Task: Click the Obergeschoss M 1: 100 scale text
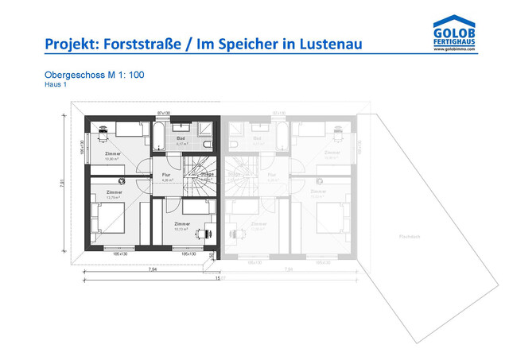(x=94, y=75)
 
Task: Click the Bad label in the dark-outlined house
(x=181, y=138)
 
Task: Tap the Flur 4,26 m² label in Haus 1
(x=167, y=176)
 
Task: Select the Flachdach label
(x=410, y=236)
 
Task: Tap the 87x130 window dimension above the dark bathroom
(x=165, y=114)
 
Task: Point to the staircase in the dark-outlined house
(x=199, y=176)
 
